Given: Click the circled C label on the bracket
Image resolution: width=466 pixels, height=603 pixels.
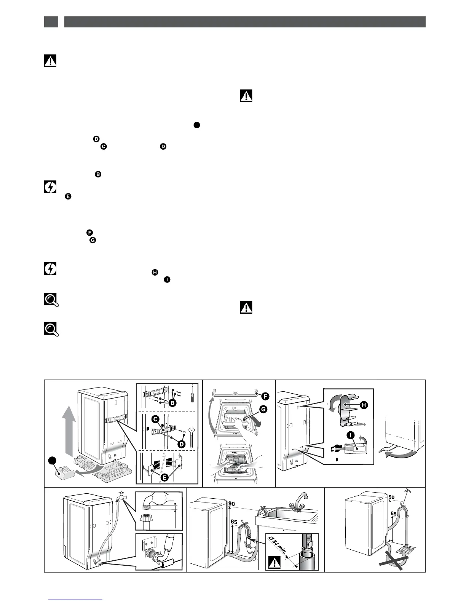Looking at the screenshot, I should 155,419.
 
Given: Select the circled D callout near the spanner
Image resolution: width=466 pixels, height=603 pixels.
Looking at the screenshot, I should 182,444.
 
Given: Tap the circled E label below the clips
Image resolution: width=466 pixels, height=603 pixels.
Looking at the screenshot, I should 164,477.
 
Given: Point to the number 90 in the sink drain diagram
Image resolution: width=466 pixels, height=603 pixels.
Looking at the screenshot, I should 231,504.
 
